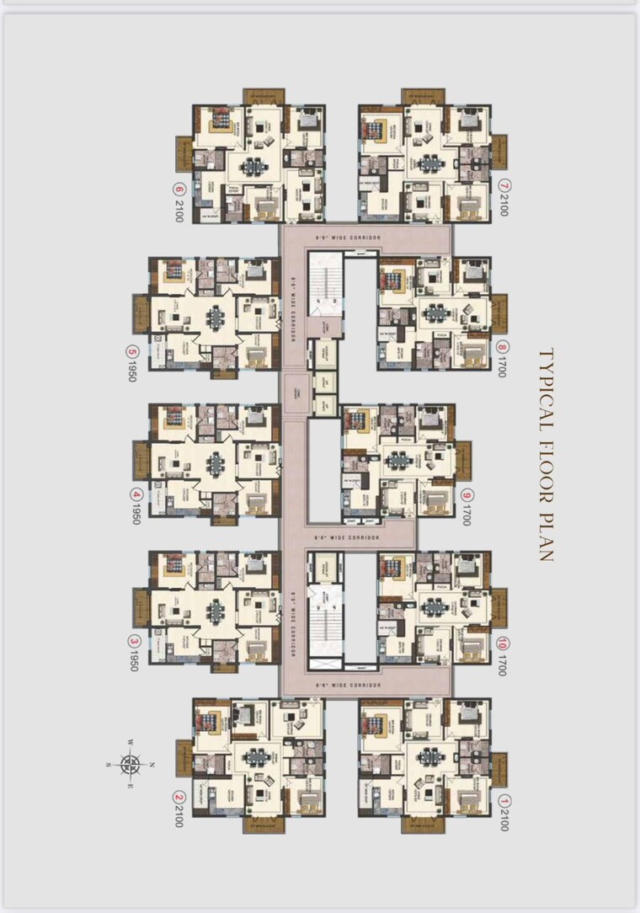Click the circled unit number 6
pos(178,189)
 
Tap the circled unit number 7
pos(503,184)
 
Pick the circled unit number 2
pos(178,795)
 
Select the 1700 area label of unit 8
pos(503,365)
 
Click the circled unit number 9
pos(467,495)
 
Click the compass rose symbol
pos(131,764)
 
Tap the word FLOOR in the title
pos(545,467)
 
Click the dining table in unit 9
pos(396,462)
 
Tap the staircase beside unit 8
pos(324,282)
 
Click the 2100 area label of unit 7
pos(503,204)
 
